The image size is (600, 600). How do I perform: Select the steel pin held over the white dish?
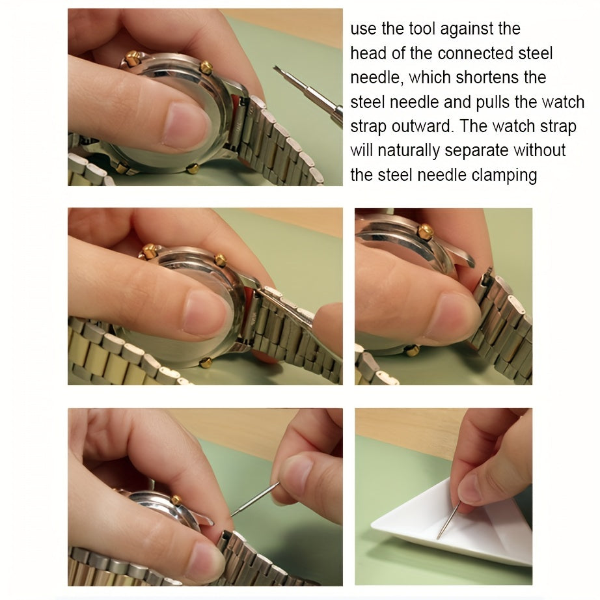pos(448,521)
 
